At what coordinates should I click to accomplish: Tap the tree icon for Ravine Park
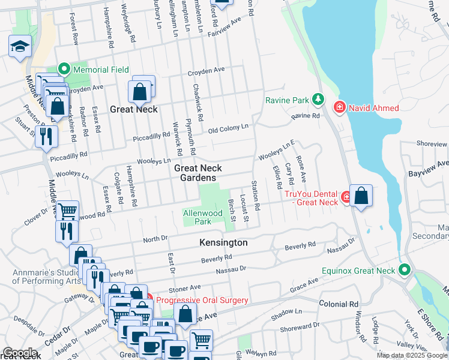coord(318,99)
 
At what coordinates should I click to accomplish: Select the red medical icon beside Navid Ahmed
coord(339,107)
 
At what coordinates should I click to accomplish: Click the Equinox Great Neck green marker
coord(406,271)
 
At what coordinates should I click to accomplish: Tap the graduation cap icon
coord(20,46)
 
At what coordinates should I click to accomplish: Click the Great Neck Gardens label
coord(195,173)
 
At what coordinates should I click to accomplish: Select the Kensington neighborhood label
coord(223,242)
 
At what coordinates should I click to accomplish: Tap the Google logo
coord(20,353)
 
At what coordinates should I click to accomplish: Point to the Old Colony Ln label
coord(228,128)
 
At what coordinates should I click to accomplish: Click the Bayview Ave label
coord(434,164)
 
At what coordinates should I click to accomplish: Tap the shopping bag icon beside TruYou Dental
coord(361,196)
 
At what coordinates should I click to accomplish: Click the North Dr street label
coord(155,239)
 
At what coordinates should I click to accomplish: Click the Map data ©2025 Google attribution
coord(412,355)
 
